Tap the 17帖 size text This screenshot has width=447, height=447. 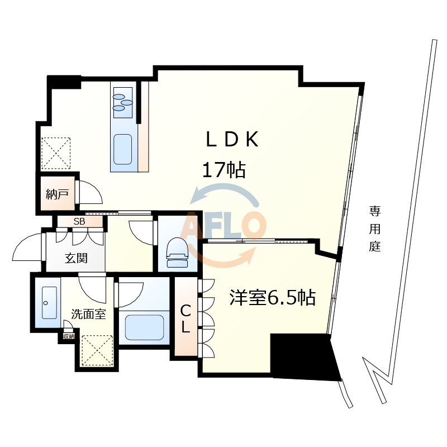(x=223, y=169)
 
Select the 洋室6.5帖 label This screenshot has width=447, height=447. (x=273, y=297)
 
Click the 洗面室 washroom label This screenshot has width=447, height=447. (x=88, y=314)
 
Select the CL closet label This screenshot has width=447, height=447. (x=186, y=318)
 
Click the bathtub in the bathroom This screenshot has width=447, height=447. (x=144, y=327)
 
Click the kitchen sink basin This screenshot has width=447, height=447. (x=123, y=151)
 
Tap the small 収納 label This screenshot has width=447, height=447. (x=68, y=336)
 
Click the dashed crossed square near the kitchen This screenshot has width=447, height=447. (x=56, y=153)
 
